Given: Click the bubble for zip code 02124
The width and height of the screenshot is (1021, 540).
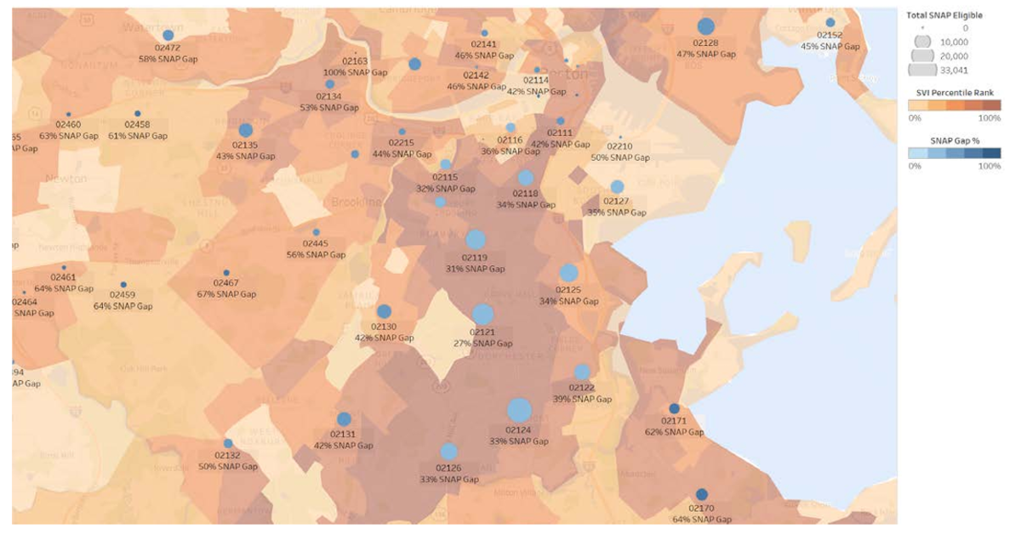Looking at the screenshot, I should (x=519, y=411).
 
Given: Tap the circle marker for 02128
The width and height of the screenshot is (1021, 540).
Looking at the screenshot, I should (x=705, y=26).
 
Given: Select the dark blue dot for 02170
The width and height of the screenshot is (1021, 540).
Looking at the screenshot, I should (x=701, y=494).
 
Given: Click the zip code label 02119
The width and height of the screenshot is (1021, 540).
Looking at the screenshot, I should (x=475, y=258).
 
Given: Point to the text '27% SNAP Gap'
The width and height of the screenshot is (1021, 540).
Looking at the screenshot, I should (x=482, y=344).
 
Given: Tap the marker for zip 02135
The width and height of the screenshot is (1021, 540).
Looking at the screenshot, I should (x=246, y=130).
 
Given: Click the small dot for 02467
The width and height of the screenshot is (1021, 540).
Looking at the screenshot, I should (x=226, y=272).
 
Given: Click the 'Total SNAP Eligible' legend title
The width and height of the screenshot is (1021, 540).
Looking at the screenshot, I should (x=944, y=15).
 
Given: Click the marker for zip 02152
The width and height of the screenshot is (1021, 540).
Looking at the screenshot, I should (x=830, y=22).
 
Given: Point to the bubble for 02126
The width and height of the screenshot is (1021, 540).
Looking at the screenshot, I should (x=449, y=452).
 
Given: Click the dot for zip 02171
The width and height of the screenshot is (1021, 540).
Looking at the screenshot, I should (x=674, y=408).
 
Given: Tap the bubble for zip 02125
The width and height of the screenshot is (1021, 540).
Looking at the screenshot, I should (x=569, y=273).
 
